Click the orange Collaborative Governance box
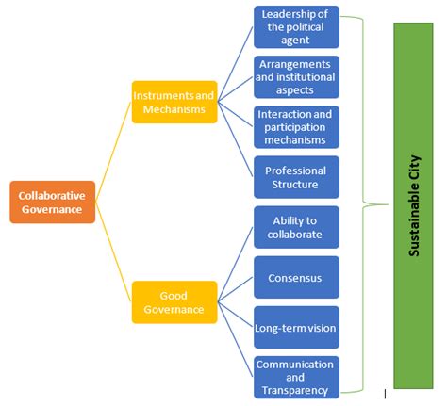click(53, 202)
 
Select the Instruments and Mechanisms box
click(174, 101)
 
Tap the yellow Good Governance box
click(174, 301)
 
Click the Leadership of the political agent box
click(296, 26)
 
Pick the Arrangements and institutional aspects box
click(296, 76)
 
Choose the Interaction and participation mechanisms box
click(296, 127)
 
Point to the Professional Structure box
click(296, 177)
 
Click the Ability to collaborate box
click(296, 227)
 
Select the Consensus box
click(296, 278)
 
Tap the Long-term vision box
click(296, 328)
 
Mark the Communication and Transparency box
click(296, 378)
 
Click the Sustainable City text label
click(415, 205)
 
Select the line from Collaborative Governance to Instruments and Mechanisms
click(113, 151)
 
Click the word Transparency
click(296, 390)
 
